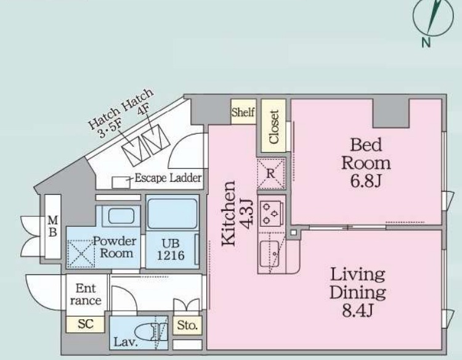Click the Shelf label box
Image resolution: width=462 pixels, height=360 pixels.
pos(243,112)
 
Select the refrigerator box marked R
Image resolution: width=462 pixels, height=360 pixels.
pos(271,173)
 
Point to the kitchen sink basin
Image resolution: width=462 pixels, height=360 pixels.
pos(269,252)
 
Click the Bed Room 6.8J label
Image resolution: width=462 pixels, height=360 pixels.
pos(366,163)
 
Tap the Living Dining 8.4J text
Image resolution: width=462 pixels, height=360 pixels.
pos(357,292)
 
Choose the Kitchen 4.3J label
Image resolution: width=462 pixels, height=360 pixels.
pos(237,213)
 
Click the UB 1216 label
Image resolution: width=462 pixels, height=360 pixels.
pos(171,250)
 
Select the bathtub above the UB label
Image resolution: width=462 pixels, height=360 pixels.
pos(172,213)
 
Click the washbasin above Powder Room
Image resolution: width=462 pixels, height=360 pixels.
pos(121,216)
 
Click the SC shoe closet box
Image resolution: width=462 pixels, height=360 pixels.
pos(86,324)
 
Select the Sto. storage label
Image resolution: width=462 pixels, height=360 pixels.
pos(187,325)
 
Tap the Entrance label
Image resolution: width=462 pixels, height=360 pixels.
pos(86,294)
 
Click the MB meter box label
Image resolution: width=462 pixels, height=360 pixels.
pos(53,226)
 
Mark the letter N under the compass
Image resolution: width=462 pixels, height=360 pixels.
pos(426,43)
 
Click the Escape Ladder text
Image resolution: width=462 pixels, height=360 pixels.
pos(168,178)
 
